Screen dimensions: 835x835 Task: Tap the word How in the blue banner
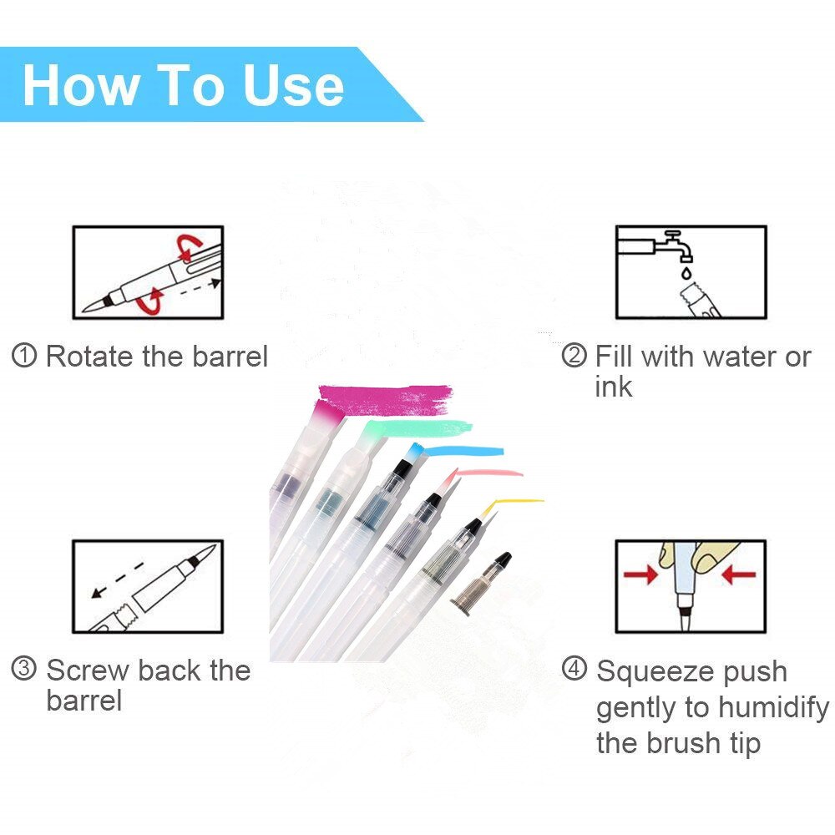pos(79,86)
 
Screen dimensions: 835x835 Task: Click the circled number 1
pos(24,356)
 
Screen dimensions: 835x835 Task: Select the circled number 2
pos(574,355)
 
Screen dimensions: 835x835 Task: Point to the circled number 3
pos(24,668)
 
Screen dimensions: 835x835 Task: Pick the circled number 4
pos(574,668)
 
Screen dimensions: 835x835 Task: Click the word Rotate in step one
pos(90,356)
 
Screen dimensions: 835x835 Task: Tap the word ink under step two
pos(614,387)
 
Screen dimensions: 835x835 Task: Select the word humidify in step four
pos(773,708)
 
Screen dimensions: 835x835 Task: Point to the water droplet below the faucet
pos(686,273)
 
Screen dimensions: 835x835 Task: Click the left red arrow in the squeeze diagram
pos(640,574)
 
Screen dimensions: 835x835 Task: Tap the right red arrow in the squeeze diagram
pos(739,574)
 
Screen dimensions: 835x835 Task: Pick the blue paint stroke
pos(463,452)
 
